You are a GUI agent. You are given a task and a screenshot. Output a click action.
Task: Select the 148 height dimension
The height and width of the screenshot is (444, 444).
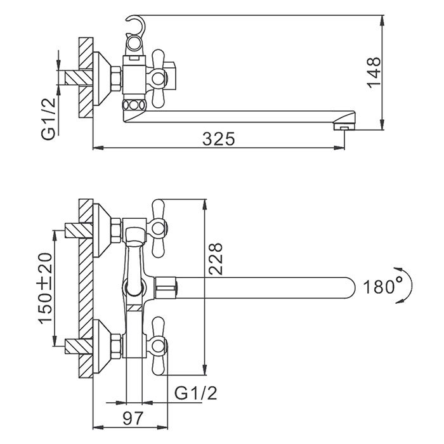coord(374,72)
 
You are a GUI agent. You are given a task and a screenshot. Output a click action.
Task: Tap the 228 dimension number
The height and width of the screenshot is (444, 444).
coord(216,258)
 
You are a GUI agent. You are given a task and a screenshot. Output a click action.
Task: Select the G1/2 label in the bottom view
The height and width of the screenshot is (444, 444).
coord(196,394)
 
